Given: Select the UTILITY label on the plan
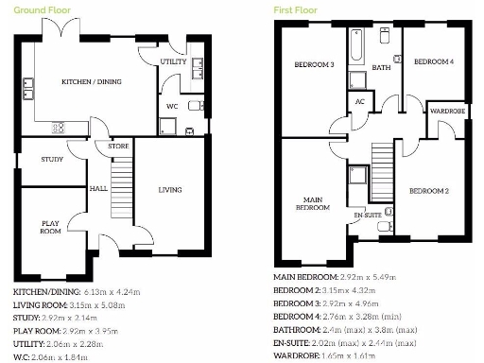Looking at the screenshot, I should [x=173, y=61].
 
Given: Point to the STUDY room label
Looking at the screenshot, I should [x=52, y=159].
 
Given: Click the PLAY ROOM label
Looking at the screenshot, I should [x=50, y=226].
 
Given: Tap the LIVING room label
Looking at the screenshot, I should [x=169, y=190].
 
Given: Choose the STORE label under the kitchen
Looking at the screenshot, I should [x=117, y=147].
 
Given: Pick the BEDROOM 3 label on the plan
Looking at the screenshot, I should [x=316, y=64].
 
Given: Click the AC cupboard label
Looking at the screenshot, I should [x=359, y=101].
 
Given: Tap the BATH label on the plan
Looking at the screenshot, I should [x=381, y=68].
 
